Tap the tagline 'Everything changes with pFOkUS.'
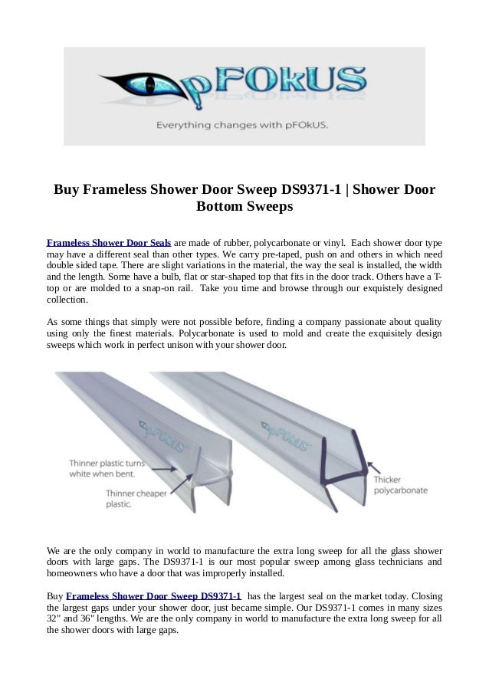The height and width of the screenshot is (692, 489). (x=243, y=124)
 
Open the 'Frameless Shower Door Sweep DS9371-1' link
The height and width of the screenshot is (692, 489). (x=154, y=595)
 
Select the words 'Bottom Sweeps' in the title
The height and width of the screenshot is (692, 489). (x=244, y=207)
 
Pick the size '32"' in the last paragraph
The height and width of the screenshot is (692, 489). (x=56, y=619)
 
